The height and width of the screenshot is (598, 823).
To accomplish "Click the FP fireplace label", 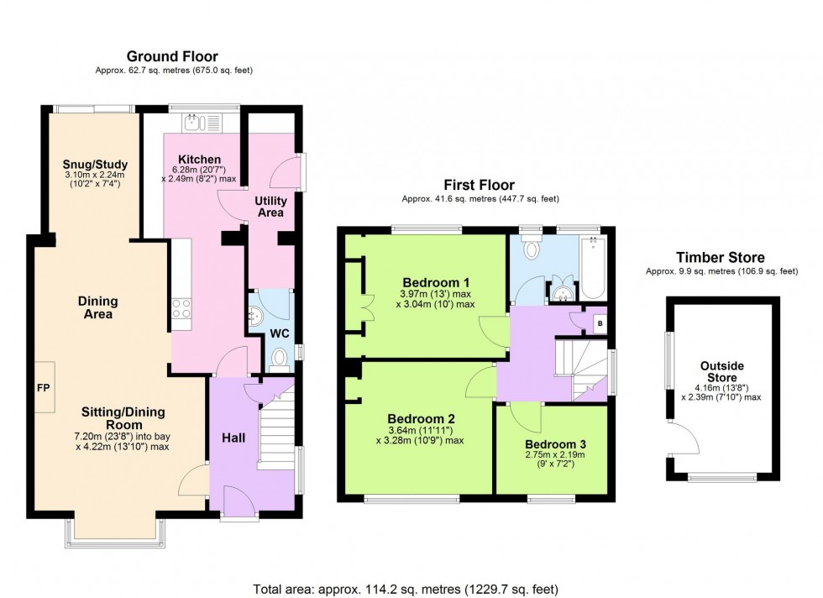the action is pos(43,388).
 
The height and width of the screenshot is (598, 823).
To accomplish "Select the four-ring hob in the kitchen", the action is pos(181,307).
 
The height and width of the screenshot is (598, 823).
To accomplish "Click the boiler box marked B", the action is pos(600,324).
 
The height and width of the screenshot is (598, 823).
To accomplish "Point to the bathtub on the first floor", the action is pos(594,268).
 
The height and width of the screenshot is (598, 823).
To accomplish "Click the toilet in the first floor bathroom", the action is pos(531,247).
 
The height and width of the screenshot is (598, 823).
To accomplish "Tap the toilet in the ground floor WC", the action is pos(279,360).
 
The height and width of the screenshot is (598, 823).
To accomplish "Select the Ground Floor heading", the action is pos(172,56).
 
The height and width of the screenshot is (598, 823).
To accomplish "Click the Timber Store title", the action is pos(721,257).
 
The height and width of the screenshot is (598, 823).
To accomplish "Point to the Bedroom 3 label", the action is pos(555,444).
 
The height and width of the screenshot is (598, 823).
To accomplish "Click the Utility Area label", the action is pos(270,207).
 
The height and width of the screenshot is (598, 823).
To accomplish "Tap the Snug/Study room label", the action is pos(95,164).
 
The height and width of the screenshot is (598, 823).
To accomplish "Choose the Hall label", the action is pos(233,438).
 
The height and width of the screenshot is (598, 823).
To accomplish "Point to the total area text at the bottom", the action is pos(406,589).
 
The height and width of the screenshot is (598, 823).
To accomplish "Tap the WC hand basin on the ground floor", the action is pos(255,316).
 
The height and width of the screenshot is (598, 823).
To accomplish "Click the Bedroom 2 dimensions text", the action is pos(420,435).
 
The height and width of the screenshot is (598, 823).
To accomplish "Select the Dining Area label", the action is pos(97,307).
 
